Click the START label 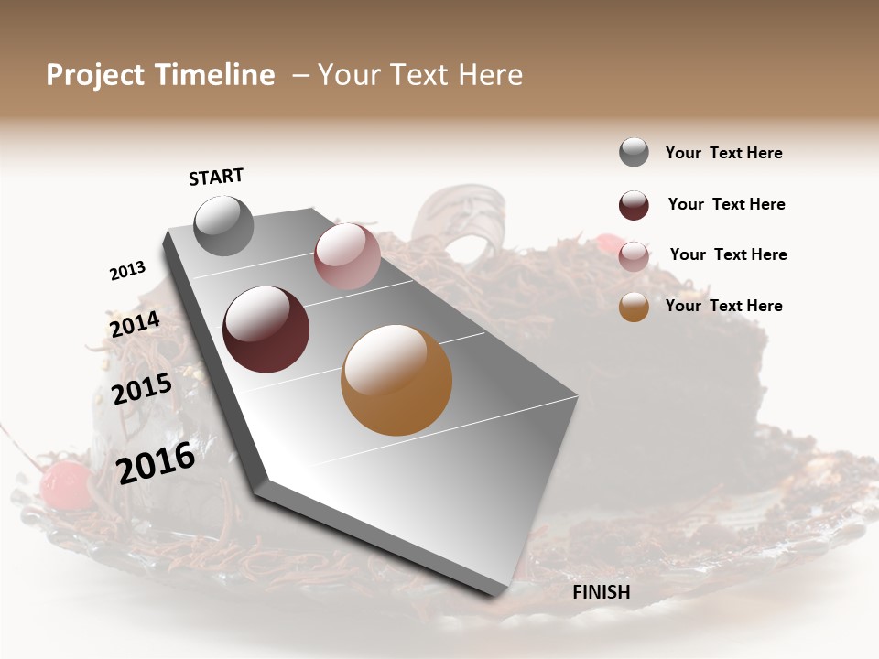pyautogui.click(x=216, y=177)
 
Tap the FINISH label pyautogui.click(x=602, y=592)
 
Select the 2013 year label pyautogui.click(x=127, y=271)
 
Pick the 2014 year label pyautogui.click(x=135, y=325)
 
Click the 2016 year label pyautogui.click(x=156, y=463)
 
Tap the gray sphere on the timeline pyautogui.click(x=224, y=225)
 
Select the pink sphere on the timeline pyautogui.click(x=347, y=256)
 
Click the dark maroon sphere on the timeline pyautogui.click(x=266, y=329)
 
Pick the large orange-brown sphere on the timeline pyautogui.click(x=396, y=380)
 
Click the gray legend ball pyautogui.click(x=634, y=153)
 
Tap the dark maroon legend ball pyautogui.click(x=634, y=205)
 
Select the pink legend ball pyautogui.click(x=634, y=256)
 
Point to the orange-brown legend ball pyautogui.click(x=634, y=308)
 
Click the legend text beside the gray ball pyautogui.click(x=723, y=154)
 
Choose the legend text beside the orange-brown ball pyautogui.click(x=723, y=306)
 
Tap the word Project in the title pyautogui.click(x=95, y=75)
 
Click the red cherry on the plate pyautogui.click(x=65, y=484)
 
